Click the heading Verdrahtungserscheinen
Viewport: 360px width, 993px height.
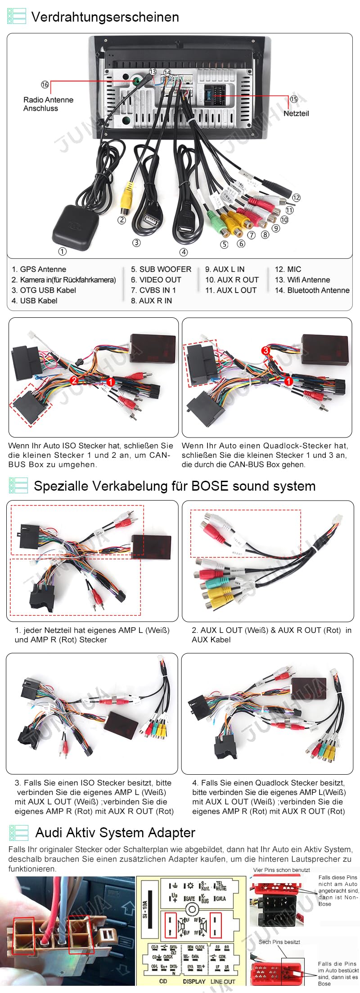point(105,17)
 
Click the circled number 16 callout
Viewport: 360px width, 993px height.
point(45,85)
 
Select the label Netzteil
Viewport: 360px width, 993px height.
point(296,113)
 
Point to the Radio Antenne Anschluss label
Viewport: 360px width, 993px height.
point(48,104)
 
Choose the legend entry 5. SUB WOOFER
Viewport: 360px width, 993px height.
point(161,269)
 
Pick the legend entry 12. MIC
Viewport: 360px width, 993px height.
point(288,269)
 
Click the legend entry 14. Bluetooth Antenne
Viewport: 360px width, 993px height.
point(312,290)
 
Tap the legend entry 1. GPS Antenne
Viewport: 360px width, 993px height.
point(39,269)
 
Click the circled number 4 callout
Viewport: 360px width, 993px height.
point(184,252)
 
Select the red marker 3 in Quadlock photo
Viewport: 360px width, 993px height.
point(266,350)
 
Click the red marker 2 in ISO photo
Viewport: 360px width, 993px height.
point(74,380)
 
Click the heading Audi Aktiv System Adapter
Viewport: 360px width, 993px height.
point(115,833)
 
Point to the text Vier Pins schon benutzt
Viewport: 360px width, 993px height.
point(281,870)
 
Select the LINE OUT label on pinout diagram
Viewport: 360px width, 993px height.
point(222,981)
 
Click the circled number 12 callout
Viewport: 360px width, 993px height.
point(296,198)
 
